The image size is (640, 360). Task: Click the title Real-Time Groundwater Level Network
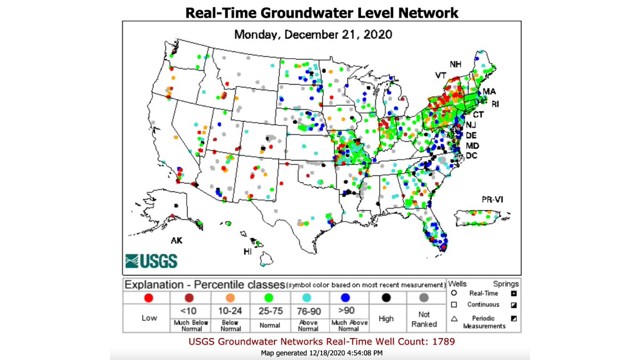(x=322, y=12)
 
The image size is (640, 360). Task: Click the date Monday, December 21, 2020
(x=314, y=35)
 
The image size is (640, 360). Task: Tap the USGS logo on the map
(x=151, y=261)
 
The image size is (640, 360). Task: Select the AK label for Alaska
(x=177, y=241)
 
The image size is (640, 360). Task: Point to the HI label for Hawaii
(x=247, y=251)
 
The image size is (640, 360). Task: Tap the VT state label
(x=441, y=76)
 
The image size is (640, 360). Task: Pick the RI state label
(x=495, y=104)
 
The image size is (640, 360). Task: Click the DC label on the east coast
(x=471, y=156)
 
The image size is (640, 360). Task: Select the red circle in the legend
(x=149, y=298)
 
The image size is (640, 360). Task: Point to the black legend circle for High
(x=386, y=298)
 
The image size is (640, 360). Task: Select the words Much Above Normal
(x=349, y=325)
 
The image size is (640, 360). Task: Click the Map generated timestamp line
(x=321, y=353)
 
